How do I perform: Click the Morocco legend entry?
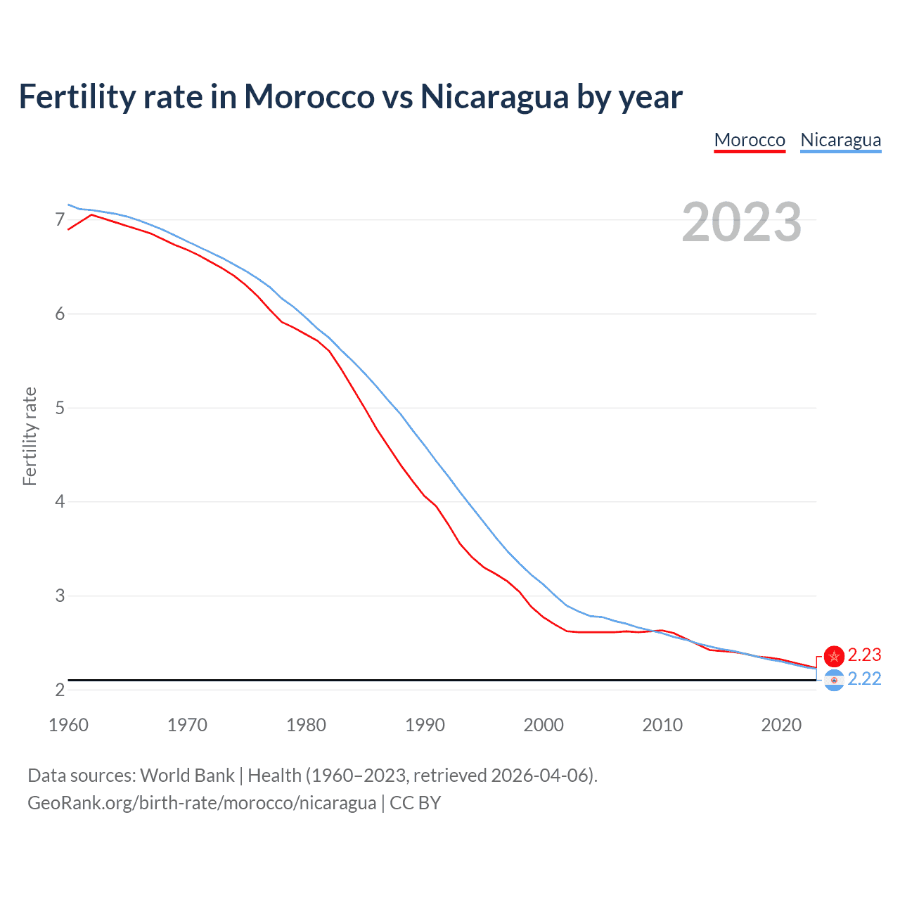pos(750,140)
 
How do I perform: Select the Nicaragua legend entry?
pos(840,140)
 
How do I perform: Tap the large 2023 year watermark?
pos(742,222)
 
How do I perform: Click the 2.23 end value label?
pos(864,655)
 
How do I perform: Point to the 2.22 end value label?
pos(864,679)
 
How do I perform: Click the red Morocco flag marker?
pos(834,656)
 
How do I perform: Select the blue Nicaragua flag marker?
pos(834,680)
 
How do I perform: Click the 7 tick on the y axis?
pos(60,220)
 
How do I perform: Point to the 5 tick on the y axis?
pos(60,408)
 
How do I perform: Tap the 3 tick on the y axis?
pos(60,596)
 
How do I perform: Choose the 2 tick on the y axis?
pos(60,690)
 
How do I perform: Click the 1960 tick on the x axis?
pos(68,725)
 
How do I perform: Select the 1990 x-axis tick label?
pos(425,725)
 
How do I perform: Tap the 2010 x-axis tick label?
pos(662,725)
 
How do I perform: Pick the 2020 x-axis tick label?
pos(781,725)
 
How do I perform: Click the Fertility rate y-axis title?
pos(30,436)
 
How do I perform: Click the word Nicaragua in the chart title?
pos(494,96)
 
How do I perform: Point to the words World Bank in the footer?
pos(187,776)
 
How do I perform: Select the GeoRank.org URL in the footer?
pos(202,803)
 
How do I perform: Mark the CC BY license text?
pos(415,803)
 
